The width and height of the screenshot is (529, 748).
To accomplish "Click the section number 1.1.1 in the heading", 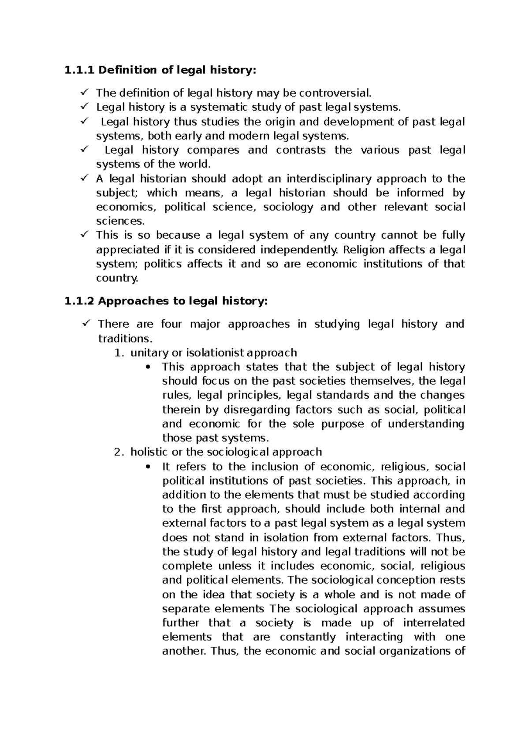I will coord(79,70).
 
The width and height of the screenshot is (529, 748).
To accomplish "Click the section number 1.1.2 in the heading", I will coord(79,301).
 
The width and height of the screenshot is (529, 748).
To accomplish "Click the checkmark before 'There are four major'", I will coord(86,324).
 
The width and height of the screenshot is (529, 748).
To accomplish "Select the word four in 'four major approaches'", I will coord(171,324).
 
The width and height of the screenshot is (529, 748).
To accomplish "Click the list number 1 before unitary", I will coord(117,353).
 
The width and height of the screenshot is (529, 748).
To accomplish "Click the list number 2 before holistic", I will coord(117,452).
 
